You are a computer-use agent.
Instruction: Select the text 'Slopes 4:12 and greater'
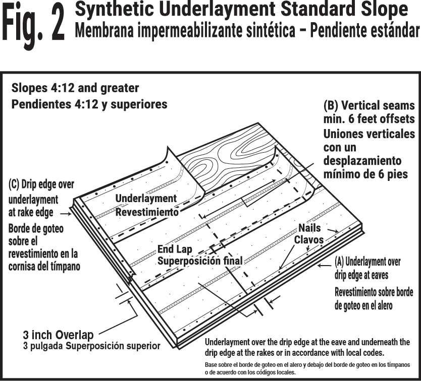[75, 88]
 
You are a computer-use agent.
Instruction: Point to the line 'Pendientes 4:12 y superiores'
[89, 104]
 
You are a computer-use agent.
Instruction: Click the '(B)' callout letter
[334, 106]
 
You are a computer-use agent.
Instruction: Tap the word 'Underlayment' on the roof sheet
[146, 199]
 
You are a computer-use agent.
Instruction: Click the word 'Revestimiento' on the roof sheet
[147, 212]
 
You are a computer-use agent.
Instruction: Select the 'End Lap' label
[175, 249]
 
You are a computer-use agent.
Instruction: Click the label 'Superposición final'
[200, 261]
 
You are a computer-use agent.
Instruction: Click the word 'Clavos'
[308, 240]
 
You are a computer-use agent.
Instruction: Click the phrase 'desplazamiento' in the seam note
[362, 161]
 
